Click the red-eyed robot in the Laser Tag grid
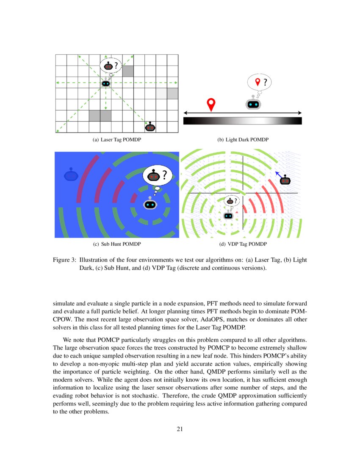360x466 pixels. (x=150, y=127)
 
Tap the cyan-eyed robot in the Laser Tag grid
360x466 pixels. (x=106, y=83)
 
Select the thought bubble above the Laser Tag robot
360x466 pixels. (x=110, y=65)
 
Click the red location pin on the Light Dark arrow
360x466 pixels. (x=211, y=104)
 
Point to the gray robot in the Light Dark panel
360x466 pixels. (x=253, y=104)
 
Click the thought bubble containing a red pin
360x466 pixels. (x=259, y=82)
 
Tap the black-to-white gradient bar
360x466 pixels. (x=242, y=121)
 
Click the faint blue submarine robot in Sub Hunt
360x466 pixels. (x=71, y=175)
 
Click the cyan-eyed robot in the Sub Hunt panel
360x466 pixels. (x=150, y=204)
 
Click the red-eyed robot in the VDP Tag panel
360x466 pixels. (x=286, y=180)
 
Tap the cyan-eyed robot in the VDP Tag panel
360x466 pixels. (x=228, y=215)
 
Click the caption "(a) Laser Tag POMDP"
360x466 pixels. (x=116, y=140)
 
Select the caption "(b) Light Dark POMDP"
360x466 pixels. (x=243, y=140)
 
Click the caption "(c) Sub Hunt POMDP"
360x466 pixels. (x=116, y=244)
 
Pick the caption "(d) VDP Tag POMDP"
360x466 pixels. (x=243, y=244)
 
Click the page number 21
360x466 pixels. (x=180, y=429)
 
